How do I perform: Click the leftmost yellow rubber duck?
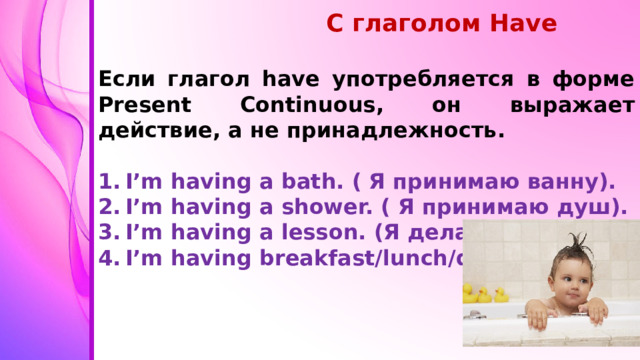[x=469, y=293]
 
